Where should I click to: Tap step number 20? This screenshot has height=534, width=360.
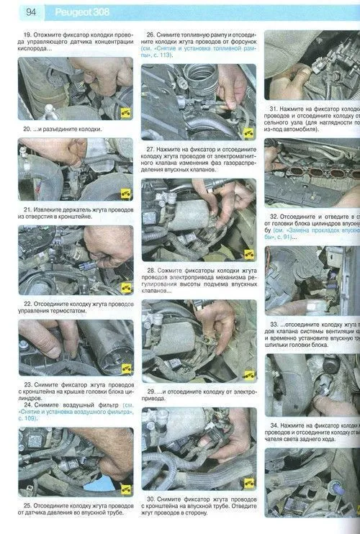(x=27, y=130)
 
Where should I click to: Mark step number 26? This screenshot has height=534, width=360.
(x=150, y=34)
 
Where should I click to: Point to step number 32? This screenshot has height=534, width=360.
(x=274, y=216)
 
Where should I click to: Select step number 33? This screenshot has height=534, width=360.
(x=274, y=324)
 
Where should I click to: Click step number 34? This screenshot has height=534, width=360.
(x=274, y=425)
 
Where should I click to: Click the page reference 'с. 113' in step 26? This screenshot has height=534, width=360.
(x=163, y=65)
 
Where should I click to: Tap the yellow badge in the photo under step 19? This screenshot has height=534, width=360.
(x=125, y=112)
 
